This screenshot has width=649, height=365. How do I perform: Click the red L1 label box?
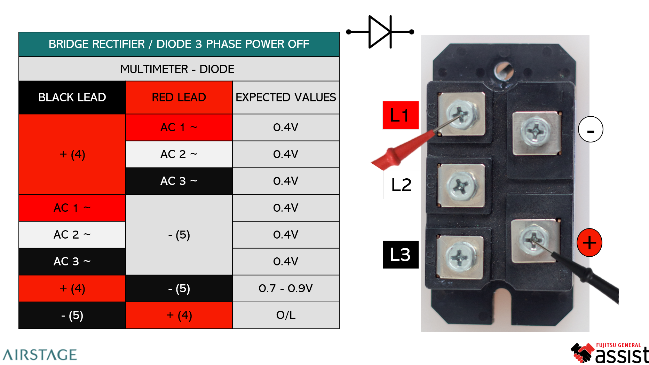point(400,115)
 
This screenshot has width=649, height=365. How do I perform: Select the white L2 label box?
point(401,185)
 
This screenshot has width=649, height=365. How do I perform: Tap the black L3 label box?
point(400,255)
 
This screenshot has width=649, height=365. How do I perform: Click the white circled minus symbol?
point(591,129)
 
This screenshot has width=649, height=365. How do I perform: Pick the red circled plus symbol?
point(589,243)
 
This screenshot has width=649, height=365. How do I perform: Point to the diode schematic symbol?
point(380,32)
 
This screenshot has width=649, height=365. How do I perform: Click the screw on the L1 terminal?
point(461,114)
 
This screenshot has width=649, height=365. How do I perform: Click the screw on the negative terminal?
point(537,132)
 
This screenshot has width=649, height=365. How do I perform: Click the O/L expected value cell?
point(286,315)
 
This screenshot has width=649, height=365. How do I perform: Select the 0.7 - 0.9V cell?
point(286,288)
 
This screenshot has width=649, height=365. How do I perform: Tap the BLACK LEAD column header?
point(72,98)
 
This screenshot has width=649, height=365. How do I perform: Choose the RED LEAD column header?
point(179,98)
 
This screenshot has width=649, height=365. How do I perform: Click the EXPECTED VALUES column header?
point(286,98)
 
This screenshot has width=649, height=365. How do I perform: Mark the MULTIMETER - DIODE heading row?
point(179,69)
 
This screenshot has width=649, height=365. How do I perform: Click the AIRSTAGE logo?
point(40,355)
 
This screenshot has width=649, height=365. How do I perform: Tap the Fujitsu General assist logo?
point(610,353)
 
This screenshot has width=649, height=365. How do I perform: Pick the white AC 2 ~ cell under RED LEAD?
point(179,154)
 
